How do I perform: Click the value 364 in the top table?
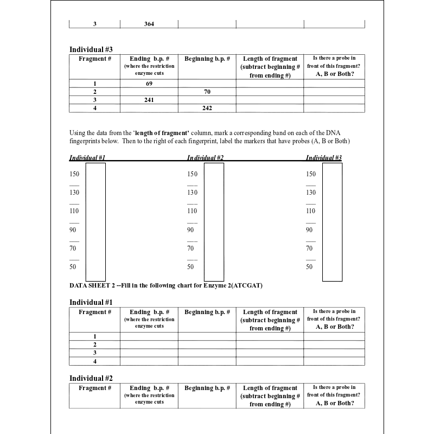[x=149, y=24]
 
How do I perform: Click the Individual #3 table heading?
[x=91, y=49]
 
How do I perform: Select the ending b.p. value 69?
[x=149, y=84]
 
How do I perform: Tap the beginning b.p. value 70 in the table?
[x=207, y=92]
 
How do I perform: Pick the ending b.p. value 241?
[x=149, y=100]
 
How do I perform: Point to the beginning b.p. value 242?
[x=207, y=108]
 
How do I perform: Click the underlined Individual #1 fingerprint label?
[x=87, y=158]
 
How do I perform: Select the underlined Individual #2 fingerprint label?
[x=206, y=158]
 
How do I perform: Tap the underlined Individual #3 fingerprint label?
[x=324, y=158]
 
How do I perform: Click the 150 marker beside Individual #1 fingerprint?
[x=74, y=174]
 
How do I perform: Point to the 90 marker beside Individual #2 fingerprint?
[x=190, y=230]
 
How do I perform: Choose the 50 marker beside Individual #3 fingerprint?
[x=309, y=267]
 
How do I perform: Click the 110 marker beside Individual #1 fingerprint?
[x=74, y=211]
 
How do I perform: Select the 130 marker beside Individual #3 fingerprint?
[x=310, y=193]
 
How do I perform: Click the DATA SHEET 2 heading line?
[x=166, y=286]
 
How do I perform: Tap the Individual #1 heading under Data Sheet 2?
[x=91, y=302]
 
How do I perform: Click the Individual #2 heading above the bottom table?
[x=91, y=378]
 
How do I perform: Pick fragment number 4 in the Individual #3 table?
[x=95, y=108]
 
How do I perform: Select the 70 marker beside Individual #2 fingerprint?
[x=190, y=248]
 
